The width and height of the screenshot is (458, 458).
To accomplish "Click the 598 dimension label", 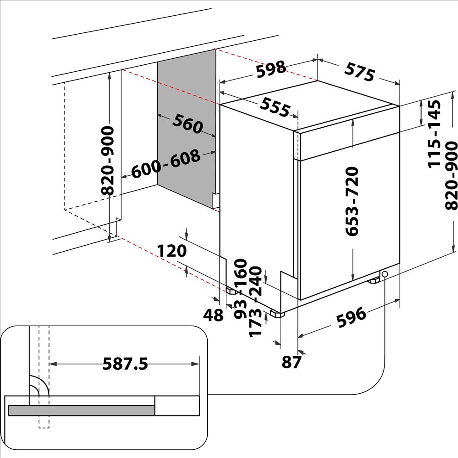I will [x=271, y=69].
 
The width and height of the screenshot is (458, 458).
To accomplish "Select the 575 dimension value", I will [x=359, y=71].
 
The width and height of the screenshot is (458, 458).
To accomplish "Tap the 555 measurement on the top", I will [x=274, y=108].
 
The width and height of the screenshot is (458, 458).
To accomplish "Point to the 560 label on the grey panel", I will [x=188, y=124].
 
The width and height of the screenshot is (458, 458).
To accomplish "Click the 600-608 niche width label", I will [x=166, y=164].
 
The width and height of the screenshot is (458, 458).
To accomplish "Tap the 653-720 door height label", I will [x=353, y=202].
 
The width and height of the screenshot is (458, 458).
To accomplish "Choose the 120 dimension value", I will [x=172, y=251].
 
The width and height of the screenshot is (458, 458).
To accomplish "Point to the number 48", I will [x=213, y=316].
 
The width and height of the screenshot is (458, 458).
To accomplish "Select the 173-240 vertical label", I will [x=256, y=308].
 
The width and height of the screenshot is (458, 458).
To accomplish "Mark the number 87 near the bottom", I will [x=291, y=362].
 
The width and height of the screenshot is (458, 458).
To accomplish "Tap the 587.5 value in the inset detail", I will [x=125, y=364].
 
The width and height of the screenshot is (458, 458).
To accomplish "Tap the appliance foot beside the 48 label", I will [x=232, y=291].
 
